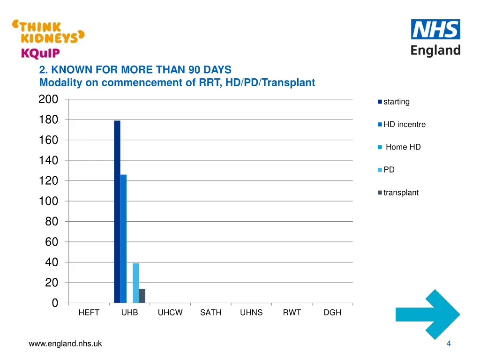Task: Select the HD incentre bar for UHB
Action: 123,239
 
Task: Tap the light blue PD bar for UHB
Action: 136,283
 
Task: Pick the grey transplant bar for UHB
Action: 142,296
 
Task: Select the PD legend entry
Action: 389,170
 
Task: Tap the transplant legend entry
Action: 400,193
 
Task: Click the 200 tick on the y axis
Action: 48,99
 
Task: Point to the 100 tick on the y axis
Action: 48,201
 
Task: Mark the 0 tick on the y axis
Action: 55,303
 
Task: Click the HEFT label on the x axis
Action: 89,313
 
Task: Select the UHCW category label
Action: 170,313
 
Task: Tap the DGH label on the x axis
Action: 332,313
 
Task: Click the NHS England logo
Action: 435,37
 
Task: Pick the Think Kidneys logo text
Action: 48,32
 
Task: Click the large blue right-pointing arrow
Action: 427,315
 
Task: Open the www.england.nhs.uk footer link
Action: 65,344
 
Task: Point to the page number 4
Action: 449,344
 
